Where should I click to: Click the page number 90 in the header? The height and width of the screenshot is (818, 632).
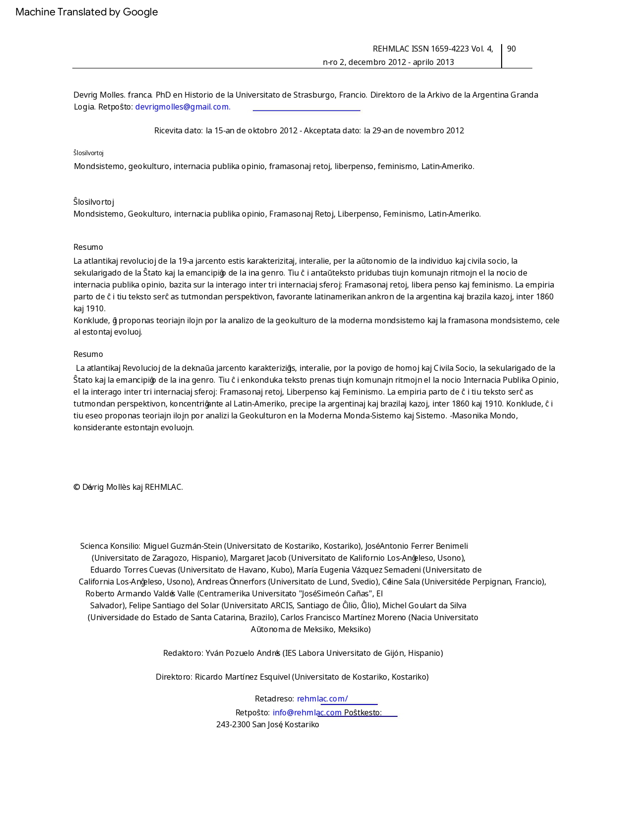(511, 49)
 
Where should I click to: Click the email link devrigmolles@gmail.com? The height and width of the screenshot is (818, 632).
(182, 107)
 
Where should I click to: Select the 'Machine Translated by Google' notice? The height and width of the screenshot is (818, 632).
(87, 12)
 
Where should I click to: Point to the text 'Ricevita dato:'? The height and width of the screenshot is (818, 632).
(178, 130)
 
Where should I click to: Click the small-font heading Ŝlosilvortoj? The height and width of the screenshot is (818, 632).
(88, 153)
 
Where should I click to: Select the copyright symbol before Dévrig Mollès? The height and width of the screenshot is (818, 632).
(77, 487)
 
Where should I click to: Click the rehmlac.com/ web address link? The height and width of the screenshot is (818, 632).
(322, 699)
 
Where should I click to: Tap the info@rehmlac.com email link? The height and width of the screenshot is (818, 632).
(307, 712)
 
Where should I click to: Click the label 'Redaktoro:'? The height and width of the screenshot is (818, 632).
(183, 653)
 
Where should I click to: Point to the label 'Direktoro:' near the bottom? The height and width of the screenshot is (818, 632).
(174, 677)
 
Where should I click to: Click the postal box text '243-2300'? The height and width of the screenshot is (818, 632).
(233, 724)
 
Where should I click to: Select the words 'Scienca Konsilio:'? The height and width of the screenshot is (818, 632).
(110, 546)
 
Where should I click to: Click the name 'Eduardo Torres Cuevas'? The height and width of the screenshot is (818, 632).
(133, 570)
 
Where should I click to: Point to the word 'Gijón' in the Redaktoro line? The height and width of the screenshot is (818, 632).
(395, 653)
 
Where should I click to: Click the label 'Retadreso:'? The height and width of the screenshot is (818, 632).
(274, 699)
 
